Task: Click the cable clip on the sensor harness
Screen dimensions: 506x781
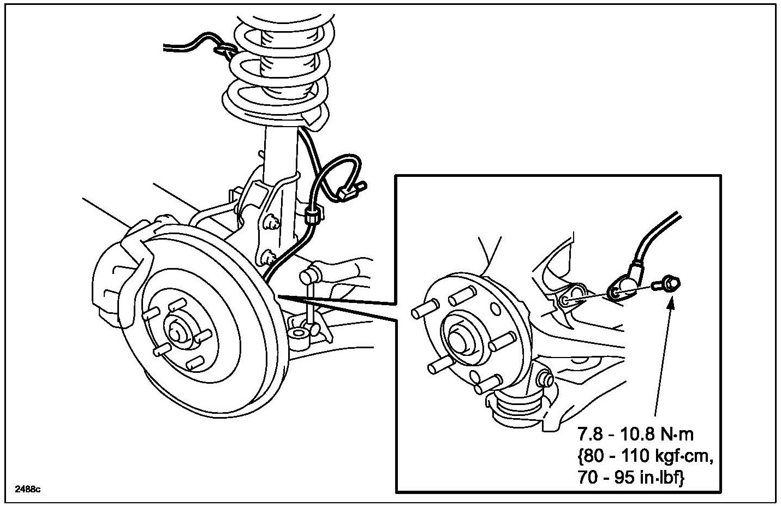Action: click(312, 216)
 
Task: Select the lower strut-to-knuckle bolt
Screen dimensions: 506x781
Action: click(267, 254)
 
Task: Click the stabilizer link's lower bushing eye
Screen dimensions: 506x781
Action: click(297, 332)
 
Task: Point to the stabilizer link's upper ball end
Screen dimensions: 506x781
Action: click(315, 270)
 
